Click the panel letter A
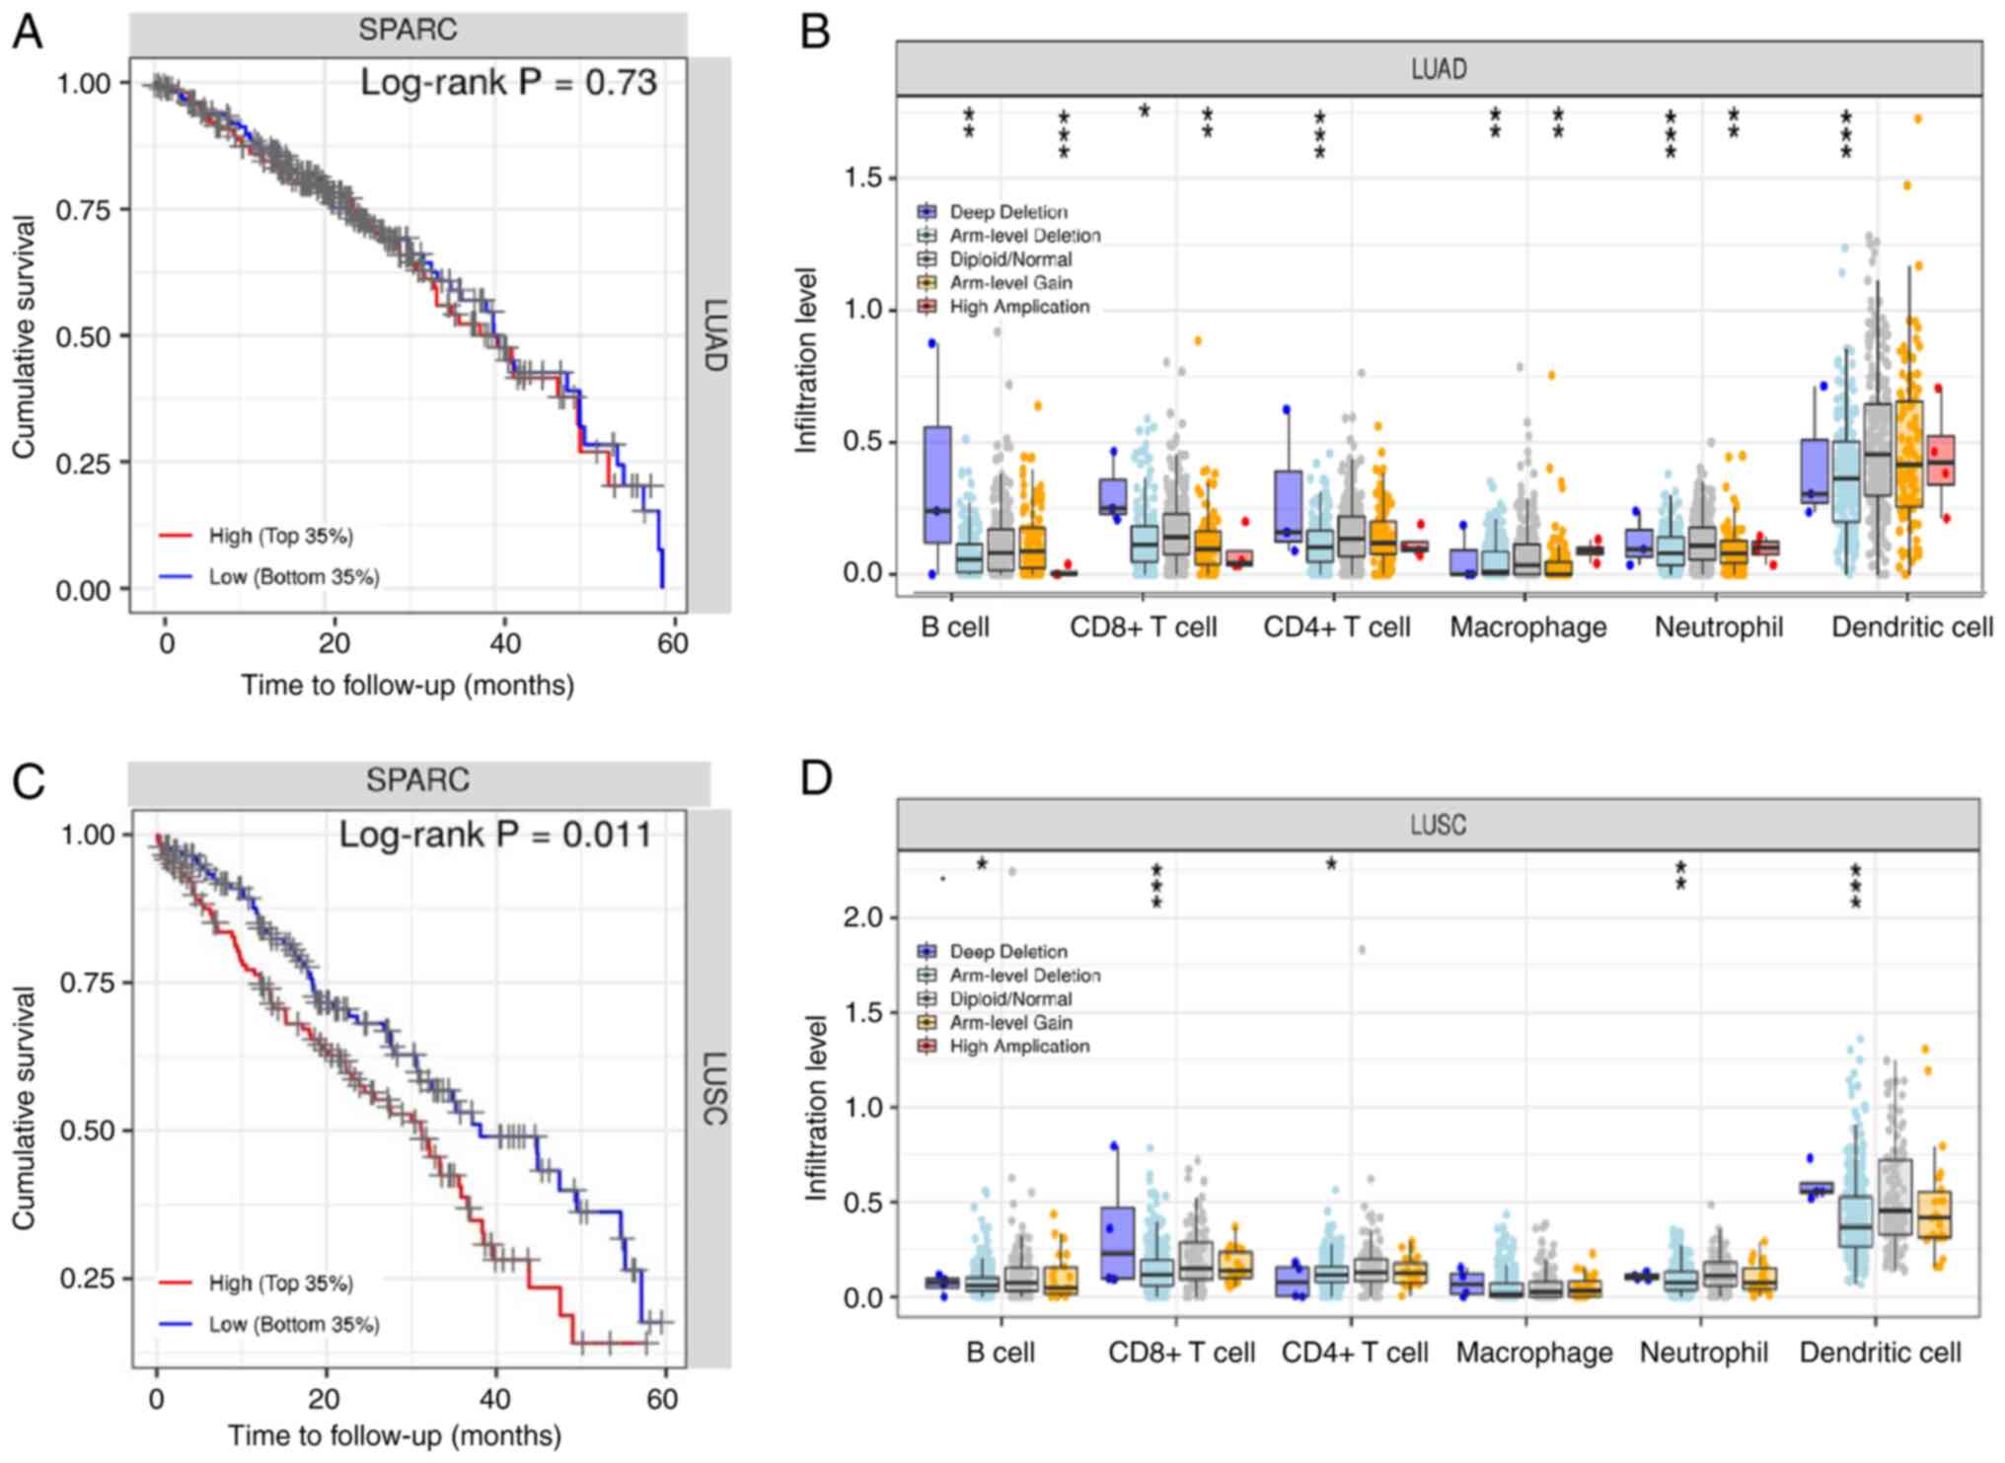click(28, 32)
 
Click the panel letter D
click(816, 778)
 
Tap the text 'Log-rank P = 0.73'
click(508, 83)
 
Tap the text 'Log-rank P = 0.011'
click(495, 836)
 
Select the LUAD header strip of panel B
click(1438, 69)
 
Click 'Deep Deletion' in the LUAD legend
click(1007, 212)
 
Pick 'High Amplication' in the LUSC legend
click(1018, 1047)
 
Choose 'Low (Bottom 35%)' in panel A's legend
click(293, 577)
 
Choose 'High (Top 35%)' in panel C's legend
click(280, 1283)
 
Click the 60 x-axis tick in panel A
click(673, 644)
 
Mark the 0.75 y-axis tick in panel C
click(88, 983)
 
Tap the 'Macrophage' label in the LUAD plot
click(1527, 627)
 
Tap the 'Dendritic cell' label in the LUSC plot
click(1880, 1353)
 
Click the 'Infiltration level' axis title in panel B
click(807, 360)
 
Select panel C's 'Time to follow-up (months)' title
click(395, 1435)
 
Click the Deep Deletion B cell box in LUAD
click(937, 484)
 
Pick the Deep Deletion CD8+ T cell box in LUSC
click(1117, 1242)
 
